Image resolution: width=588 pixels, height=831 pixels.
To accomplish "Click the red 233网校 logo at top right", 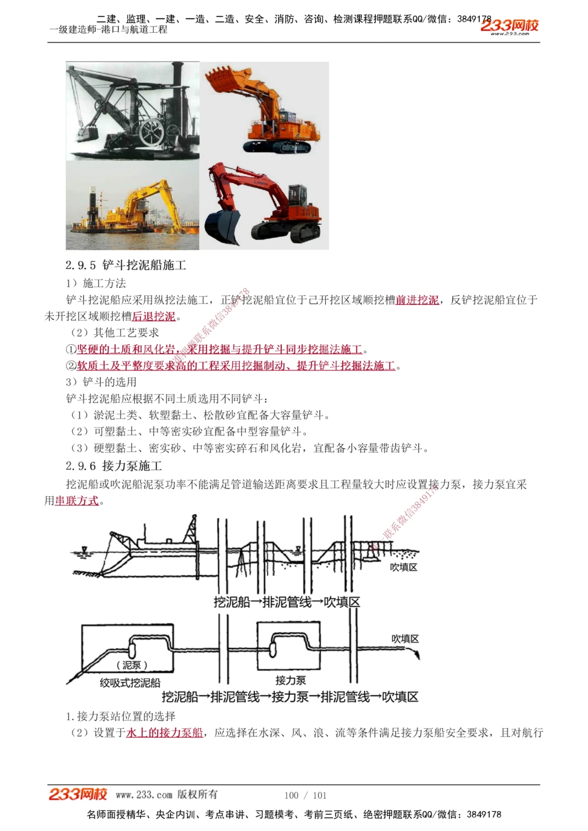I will (x=509, y=26).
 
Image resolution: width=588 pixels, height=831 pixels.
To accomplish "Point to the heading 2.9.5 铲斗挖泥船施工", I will (x=126, y=265).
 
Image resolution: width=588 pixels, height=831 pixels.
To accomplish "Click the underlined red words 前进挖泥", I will (x=417, y=300).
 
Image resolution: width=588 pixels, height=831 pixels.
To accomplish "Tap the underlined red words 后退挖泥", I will (x=153, y=317).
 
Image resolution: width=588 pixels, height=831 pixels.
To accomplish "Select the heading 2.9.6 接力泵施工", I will (x=114, y=466).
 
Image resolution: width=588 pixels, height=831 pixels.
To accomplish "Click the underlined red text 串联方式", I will (x=77, y=501).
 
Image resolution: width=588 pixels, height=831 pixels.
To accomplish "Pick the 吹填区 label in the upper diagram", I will (x=403, y=567).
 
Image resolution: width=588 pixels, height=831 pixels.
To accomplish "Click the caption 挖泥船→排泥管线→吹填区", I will (x=286, y=603).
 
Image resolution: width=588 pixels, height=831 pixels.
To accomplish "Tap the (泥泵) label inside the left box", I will (x=132, y=665).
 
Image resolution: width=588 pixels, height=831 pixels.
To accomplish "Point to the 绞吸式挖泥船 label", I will (x=130, y=683).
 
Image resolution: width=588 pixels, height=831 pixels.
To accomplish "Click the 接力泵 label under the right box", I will (x=290, y=681).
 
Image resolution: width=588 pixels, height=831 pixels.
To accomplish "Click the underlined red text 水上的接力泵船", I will (x=165, y=733).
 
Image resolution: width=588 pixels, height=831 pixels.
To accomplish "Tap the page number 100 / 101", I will (x=305, y=796).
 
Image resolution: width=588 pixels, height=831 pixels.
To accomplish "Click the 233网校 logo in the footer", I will (x=78, y=795).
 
